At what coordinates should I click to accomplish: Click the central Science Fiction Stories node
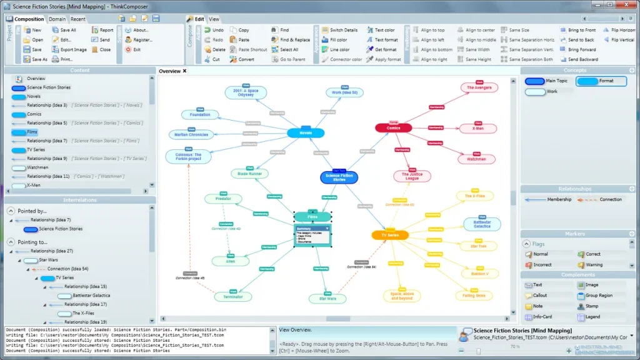[339, 177]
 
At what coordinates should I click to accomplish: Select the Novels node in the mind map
[306, 132]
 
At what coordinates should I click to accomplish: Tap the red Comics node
[393, 128]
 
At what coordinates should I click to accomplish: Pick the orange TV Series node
[389, 235]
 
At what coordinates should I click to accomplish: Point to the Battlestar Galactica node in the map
[482, 224]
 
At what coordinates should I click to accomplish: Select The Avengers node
[479, 87]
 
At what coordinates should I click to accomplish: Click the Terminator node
[232, 297]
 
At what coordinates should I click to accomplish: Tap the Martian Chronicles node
[190, 134]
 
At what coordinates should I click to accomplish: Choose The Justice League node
[412, 176]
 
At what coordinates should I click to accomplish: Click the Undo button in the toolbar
[214, 30]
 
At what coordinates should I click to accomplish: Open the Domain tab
[57, 19]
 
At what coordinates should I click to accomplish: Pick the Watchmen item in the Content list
[37, 167]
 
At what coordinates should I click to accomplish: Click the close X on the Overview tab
[185, 71]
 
